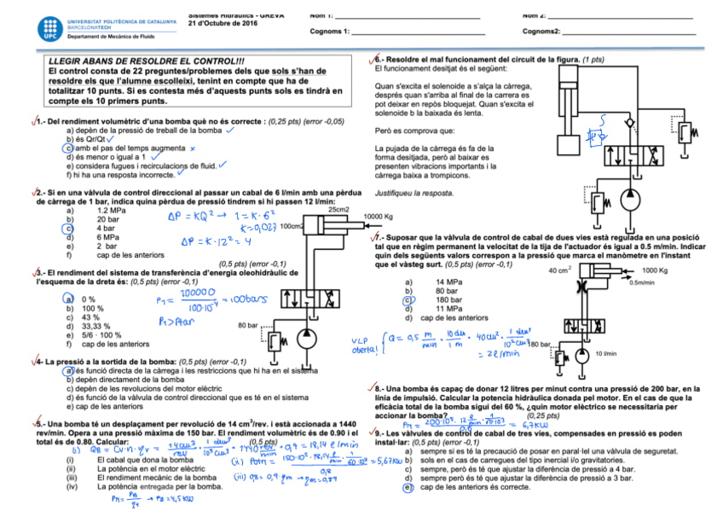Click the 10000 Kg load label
click(x=378, y=217)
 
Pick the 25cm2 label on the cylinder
click(x=338, y=209)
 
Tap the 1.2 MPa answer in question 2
click(x=113, y=210)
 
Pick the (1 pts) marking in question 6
click(x=593, y=60)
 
